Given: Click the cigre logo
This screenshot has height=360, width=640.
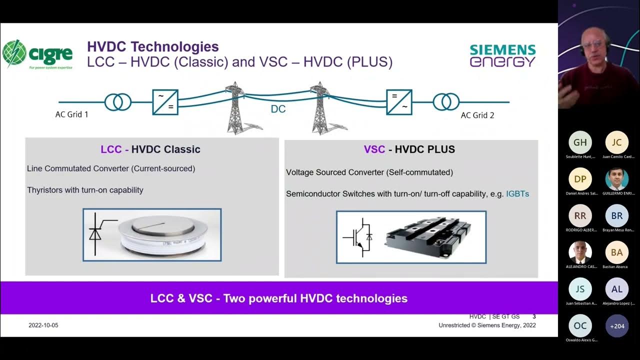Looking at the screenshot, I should pyautogui.click(x=37, y=54).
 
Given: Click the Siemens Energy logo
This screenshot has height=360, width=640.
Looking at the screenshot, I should pyautogui.click(x=502, y=55).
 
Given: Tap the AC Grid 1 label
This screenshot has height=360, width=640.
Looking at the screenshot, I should pyautogui.click(x=72, y=114).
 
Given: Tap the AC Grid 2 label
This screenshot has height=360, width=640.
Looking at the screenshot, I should pyautogui.click(x=477, y=115).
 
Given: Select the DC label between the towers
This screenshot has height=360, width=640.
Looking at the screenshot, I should pyautogui.click(x=278, y=109).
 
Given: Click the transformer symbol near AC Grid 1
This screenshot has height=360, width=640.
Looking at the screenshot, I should pyautogui.click(x=118, y=102).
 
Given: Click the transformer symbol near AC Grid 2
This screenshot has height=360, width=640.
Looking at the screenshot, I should pyautogui.click(x=445, y=102).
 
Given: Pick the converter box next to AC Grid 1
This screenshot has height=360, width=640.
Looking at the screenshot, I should pyautogui.click(x=165, y=102).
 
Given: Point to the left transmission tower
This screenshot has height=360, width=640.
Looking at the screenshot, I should pyautogui.click(x=234, y=108).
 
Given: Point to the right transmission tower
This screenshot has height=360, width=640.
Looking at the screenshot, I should pyautogui.click(x=319, y=108).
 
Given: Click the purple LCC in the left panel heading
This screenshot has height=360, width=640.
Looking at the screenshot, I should pyautogui.click(x=111, y=149).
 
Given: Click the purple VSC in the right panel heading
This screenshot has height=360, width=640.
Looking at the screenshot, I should pyautogui.click(x=374, y=149).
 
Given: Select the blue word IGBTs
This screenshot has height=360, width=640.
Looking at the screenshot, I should pyautogui.click(x=517, y=193).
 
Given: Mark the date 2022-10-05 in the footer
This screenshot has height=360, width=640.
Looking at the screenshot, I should pyautogui.click(x=43, y=325).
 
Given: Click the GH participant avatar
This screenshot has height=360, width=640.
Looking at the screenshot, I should pyautogui.click(x=580, y=142).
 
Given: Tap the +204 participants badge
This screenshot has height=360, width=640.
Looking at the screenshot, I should pyautogui.click(x=617, y=326).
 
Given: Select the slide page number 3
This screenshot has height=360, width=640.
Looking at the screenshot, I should pyautogui.click(x=534, y=316).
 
